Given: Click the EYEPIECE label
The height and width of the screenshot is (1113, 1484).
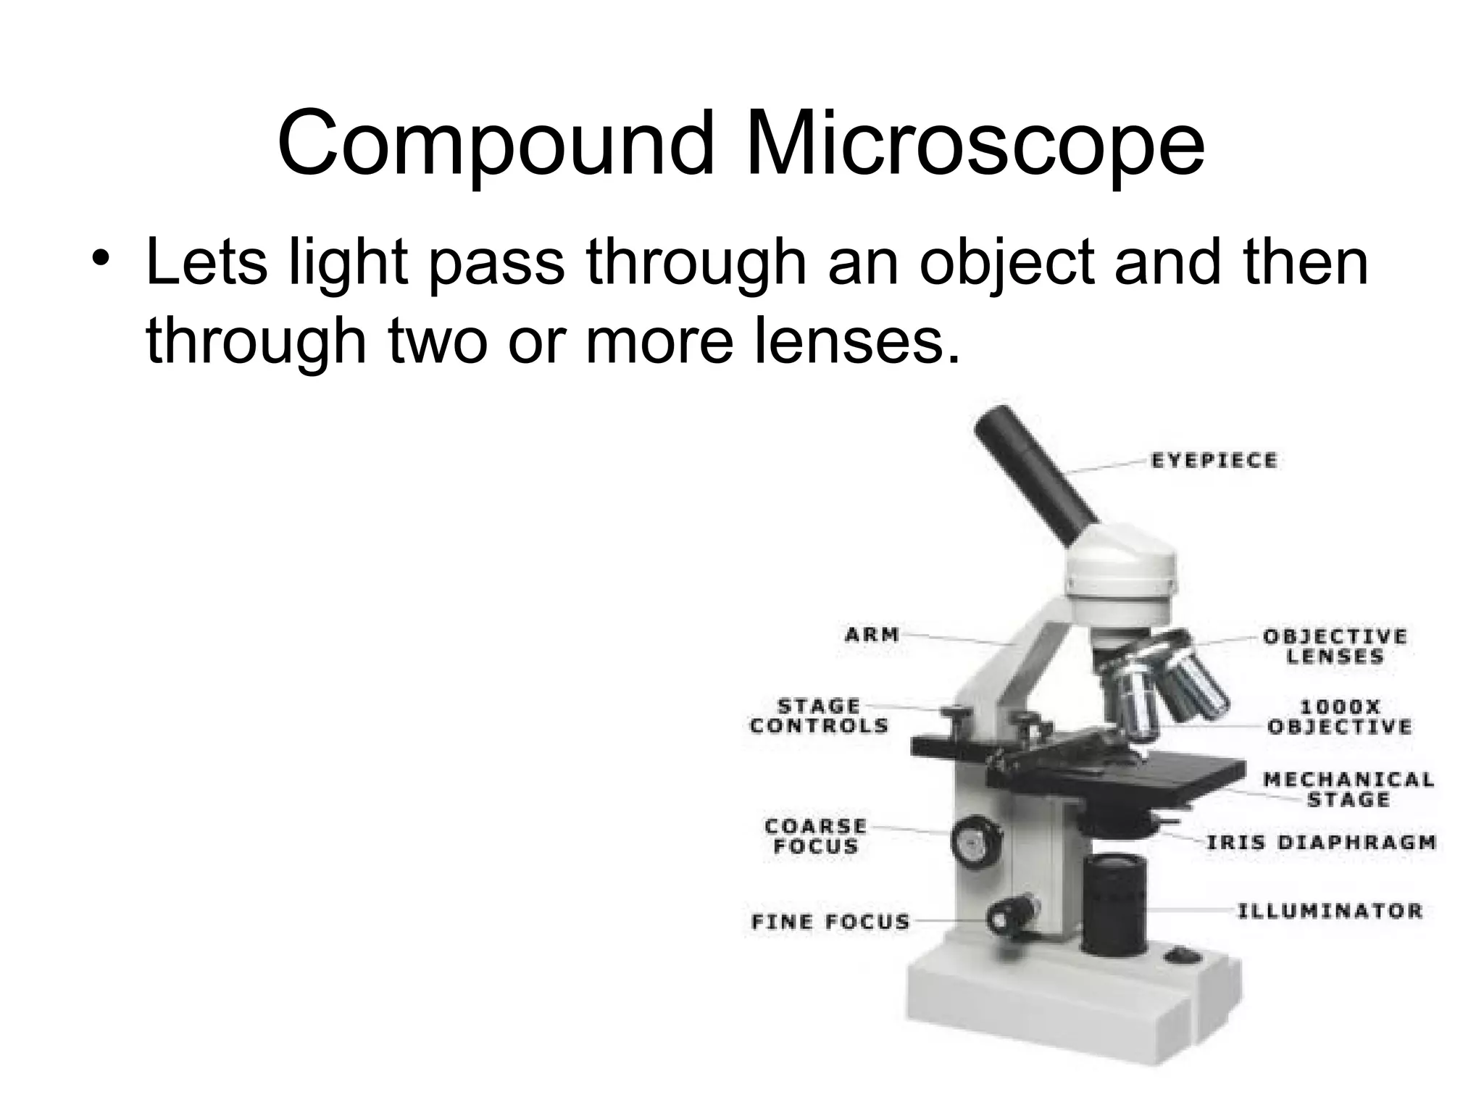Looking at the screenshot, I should pyautogui.click(x=1214, y=461).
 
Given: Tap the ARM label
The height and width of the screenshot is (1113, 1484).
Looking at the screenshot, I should pyautogui.click(x=872, y=635).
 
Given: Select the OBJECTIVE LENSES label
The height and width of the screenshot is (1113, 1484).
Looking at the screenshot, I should pyautogui.click(x=1335, y=646).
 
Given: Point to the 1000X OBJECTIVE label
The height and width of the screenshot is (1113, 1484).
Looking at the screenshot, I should pyautogui.click(x=1340, y=717).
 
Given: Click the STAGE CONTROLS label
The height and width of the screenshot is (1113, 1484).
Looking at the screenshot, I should pyautogui.click(x=820, y=716).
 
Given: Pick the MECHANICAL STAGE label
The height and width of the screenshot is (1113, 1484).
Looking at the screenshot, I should pyautogui.click(x=1348, y=790).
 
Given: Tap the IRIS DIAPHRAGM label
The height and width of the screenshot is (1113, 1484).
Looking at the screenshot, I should pyautogui.click(x=1320, y=843).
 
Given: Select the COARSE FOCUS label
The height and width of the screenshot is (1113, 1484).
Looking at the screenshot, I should pyautogui.click(x=816, y=836).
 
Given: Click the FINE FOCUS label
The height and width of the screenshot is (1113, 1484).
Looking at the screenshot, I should pyautogui.click(x=830, y=922).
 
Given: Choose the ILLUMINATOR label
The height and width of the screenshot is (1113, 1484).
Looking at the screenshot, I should pyautogui.click(x=1330, y=911).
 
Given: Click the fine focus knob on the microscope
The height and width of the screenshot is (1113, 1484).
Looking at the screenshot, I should pyautogui.click(x=1009, y=916).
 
